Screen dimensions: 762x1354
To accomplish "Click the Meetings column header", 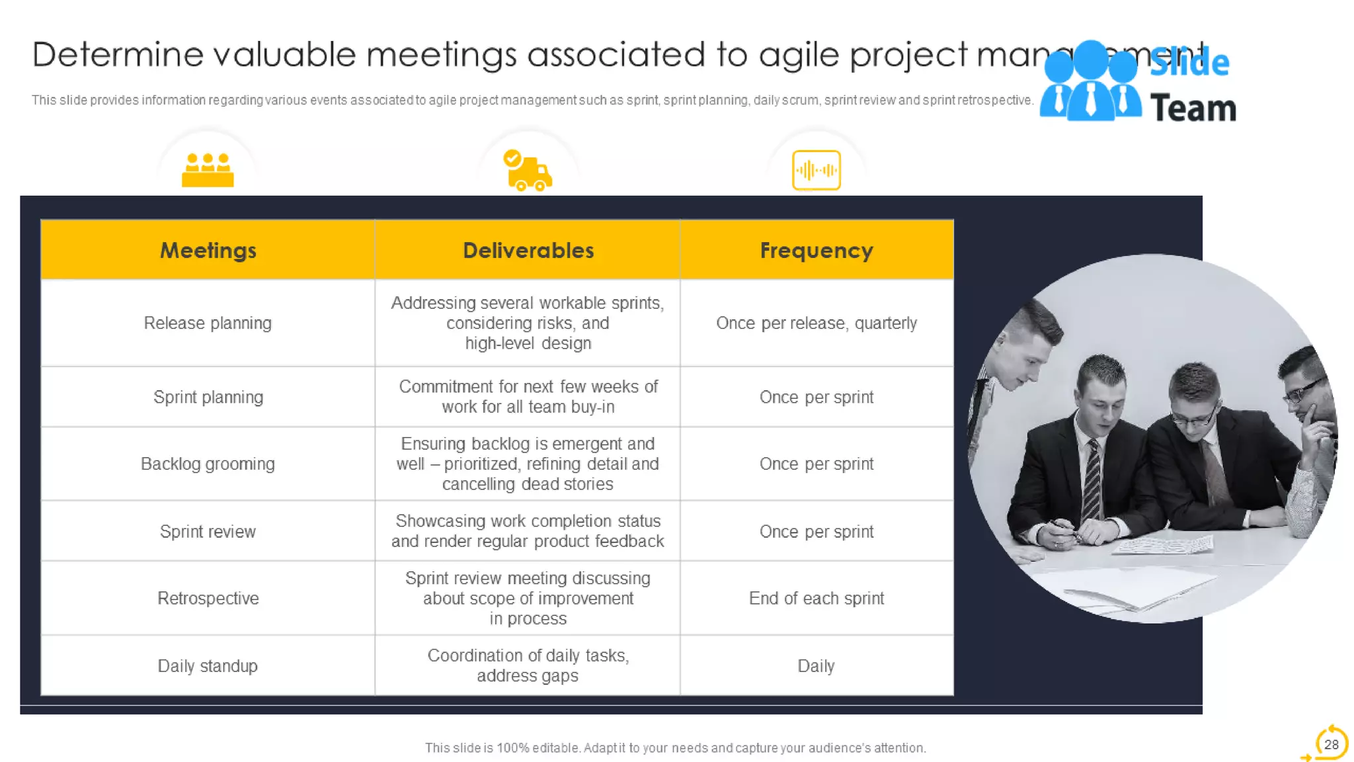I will click(x=208, y=251).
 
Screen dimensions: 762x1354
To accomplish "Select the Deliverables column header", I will click(x=528, y=251).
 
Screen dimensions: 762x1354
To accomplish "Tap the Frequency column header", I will click(x=816, y=251).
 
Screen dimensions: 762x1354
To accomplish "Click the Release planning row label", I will click(x=208, y=323).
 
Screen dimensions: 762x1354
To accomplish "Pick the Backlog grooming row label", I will click(x=208, y=464).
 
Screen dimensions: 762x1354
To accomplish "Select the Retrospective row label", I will click(x=208, y=598).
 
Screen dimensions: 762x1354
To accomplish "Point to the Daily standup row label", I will click(x=208, y=665).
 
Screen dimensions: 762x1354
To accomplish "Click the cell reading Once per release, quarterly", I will click(x=816, y=323).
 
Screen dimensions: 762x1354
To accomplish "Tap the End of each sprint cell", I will click(x=816, y=598).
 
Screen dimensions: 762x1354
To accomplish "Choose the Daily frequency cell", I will click(x=816, y=665).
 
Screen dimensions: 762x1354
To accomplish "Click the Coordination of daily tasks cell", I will click(x=528, y=665).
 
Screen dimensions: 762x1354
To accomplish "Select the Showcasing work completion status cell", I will click(x=528, y=531).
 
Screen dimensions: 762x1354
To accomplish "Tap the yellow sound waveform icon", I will click(x=816, y=170).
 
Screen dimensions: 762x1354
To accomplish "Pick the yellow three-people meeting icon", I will click(x=208, y=170).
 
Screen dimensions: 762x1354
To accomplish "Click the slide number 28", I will click(x=1331, y=744).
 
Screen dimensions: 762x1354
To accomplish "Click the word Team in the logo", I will click(x=1193, y=108).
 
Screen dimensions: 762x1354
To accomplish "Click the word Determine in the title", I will click(x=118, y=54).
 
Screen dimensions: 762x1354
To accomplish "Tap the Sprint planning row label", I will click(x=208, y=397).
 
